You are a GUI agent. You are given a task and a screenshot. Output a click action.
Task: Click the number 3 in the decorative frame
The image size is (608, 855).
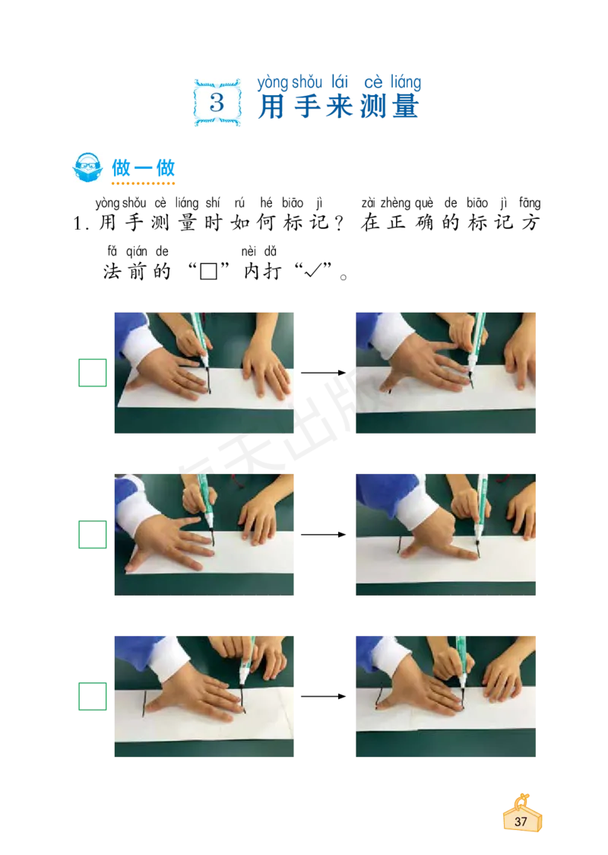[217, 102]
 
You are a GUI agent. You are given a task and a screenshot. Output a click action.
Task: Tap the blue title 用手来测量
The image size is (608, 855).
[338, 106]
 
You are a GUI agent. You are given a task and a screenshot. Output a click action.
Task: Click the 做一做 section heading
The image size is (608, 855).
[144, 168]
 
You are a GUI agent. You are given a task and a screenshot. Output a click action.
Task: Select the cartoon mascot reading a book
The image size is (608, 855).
[87, 167]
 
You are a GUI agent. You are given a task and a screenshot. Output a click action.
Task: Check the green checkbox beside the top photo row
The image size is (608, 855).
[93, 373]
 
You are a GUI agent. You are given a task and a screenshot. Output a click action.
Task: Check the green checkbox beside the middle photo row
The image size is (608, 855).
[93, 534]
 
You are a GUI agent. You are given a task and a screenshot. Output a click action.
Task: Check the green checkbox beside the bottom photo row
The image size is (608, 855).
[93, 696]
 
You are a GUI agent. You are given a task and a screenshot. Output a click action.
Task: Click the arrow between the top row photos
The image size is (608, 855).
[324, 373]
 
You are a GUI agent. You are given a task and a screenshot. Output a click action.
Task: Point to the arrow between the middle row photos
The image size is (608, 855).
[324, 534]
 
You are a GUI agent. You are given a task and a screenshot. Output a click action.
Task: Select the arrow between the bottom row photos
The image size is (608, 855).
[324, 696]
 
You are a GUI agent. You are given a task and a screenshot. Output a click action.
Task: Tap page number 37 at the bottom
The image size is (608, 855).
[521, 822]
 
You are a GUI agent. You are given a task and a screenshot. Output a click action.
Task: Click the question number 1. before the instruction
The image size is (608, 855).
[81, 223]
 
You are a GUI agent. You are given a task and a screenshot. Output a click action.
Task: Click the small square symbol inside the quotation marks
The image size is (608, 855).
[209, 271]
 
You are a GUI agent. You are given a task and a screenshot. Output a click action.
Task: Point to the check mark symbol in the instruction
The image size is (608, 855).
[312, 270]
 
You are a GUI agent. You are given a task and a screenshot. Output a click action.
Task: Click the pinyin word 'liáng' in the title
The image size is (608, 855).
[405, 82]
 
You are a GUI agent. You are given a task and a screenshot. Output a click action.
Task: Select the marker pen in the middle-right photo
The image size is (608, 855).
[480, 509]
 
